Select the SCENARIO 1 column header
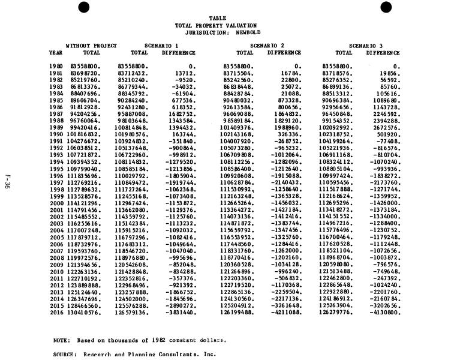(161, 46)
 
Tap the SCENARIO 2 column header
(267, 46)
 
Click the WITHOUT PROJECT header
(91, 46)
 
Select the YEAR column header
(56, 53)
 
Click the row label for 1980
(56, 66)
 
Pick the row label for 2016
(56, 312)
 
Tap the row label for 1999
(56, 196)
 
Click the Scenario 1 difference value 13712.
(185, 73)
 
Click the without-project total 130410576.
(84, 312)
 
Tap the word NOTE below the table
(61, 340)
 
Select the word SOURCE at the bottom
(64, 355)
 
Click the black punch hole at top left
(84, 7)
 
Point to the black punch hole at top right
(386, 7)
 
